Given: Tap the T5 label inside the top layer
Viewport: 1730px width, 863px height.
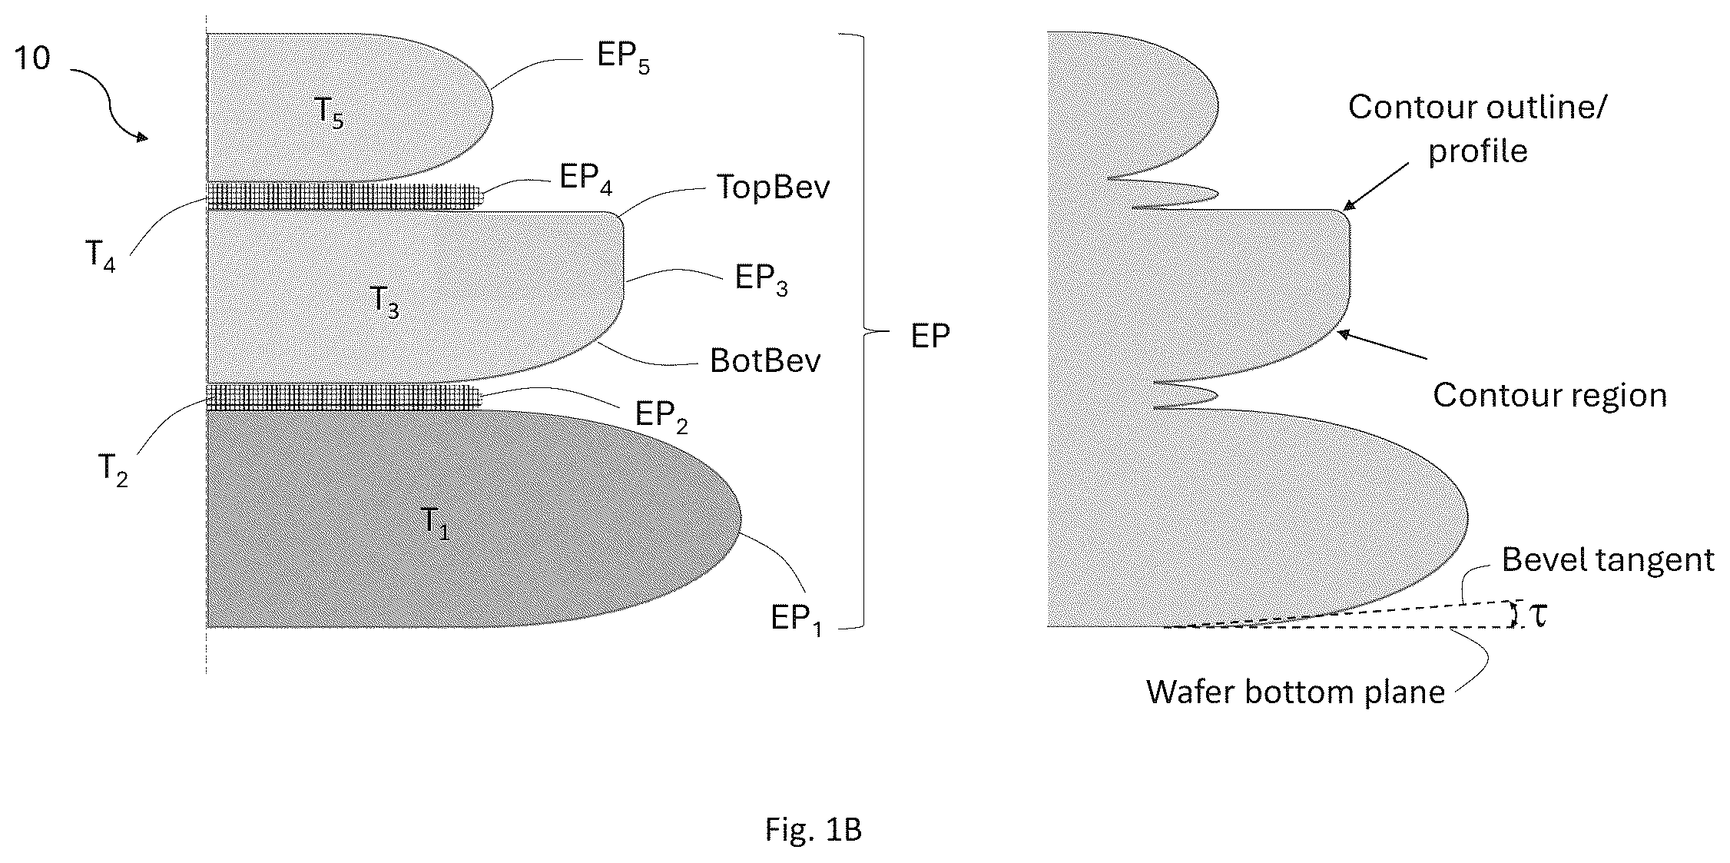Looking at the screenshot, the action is pyautogui.click(x=329, y=112).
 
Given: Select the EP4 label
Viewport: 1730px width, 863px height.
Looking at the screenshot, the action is pyautogui.click(x=585, y=179).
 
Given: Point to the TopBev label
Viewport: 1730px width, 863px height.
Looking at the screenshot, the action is pyautogui.click(x=773, y=187).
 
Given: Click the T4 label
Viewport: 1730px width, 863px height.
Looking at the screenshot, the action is pyautogui.click(x=101, y=255).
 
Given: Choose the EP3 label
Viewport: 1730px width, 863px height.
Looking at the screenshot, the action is pyautogui.click(x=761, y=279).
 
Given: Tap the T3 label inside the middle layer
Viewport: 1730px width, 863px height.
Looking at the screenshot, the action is pyautogui.click(x=384, y=301).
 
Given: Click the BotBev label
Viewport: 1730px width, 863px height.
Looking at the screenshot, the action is pyautogui.click(x=765, y=360).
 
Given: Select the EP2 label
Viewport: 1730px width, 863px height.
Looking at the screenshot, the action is pyautogui.click(x=661, y=417).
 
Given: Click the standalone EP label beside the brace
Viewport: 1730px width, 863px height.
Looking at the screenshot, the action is pyautogui.click(x=930, y=336).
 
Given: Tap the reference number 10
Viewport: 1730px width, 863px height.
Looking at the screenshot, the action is pyautogui.click(x=32, y=58).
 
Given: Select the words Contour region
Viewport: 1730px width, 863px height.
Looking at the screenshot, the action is pyautogui.click(x=1550, y=395).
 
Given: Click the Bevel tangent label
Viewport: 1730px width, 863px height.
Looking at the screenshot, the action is pyautogui.click(x=1608, y=559).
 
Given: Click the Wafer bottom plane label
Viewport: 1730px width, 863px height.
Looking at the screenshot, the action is pyautogui.click(x=1296, y=692).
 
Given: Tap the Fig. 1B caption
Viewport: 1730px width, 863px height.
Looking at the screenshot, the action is pyautogui.click(x=814, y=829).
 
